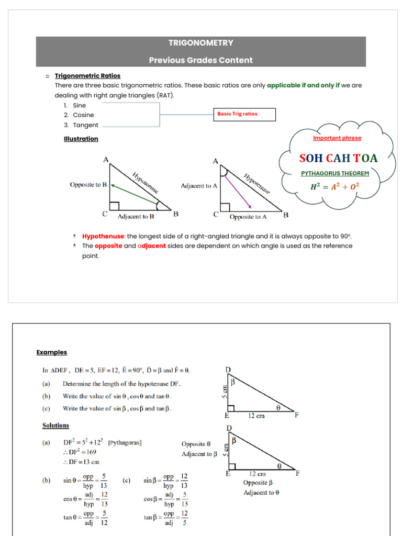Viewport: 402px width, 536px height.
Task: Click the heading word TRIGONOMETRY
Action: [200, 43]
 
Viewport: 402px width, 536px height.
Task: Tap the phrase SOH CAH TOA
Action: [338, 158]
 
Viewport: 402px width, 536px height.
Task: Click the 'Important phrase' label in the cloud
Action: [337, 138]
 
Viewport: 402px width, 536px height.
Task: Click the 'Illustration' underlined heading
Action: [81, 139]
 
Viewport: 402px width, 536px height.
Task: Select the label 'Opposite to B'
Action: [89, 184]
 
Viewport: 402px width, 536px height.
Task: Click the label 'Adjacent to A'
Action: [198, 186]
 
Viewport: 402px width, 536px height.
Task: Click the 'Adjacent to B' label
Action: [136, 216]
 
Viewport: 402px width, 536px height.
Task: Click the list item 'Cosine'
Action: [83, 115]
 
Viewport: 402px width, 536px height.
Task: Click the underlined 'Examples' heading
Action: [51, 352]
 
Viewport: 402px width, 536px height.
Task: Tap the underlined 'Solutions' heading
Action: [55, 425]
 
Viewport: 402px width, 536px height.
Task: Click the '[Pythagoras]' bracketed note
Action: [125, 443]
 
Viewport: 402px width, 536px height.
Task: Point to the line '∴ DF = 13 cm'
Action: [81, 462]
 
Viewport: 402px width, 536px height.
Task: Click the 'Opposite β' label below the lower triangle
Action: [255, 483]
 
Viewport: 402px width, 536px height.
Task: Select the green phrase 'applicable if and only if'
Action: [303, 85]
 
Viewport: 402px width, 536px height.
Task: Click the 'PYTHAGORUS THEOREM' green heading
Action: [335, 173]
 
